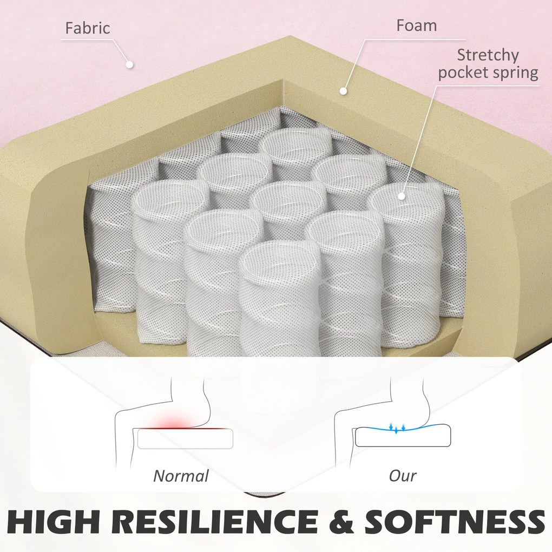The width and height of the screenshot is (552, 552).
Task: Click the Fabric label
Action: (x=88, y=28)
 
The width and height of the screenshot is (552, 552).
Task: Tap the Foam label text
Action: (x=416, y=25)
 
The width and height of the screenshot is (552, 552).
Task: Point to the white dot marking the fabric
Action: (x=129, y=64)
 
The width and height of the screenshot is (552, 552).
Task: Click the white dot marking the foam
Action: (x=343, y=91)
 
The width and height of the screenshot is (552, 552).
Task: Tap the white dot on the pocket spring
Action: (x=402, y=196)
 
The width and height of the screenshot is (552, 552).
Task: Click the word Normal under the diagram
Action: (x=181, y=476)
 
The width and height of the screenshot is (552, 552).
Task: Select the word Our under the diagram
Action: (x=403, y=476)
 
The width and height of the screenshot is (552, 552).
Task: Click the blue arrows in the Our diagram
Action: (x=397, y=428)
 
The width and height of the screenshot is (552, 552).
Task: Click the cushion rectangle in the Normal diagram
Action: (x=185, y=438)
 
